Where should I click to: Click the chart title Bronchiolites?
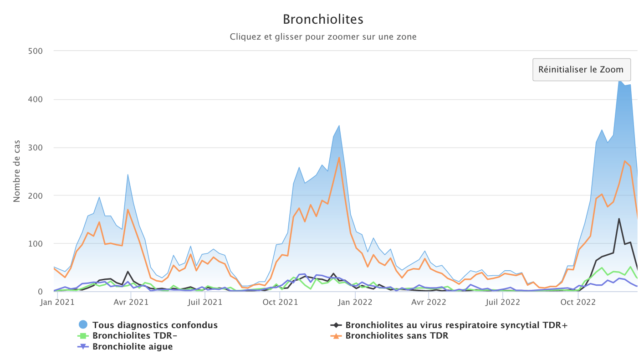(323, 20)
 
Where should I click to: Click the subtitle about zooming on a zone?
(323, 37)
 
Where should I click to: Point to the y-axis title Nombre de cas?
(17, 171)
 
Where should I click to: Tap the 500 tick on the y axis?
(35, 51)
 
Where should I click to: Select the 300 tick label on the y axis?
(35, 148)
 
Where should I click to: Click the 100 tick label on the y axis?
(35, 244)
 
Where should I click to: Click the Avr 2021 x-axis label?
(130, 302)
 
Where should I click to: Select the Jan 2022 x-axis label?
(354, 302)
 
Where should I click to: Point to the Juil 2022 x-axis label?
(502, 302)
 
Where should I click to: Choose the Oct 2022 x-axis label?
(578, 302)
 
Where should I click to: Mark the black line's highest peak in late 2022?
(619, 219)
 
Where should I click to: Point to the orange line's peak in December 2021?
(339, 157)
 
